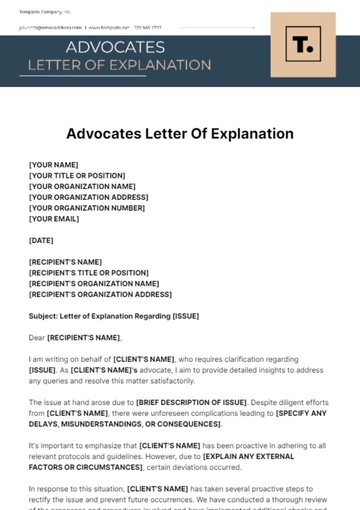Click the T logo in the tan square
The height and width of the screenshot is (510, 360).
click(305, 47)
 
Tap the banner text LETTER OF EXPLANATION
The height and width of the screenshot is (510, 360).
click(119, 65)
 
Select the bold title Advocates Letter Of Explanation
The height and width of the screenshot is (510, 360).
click(180, 133)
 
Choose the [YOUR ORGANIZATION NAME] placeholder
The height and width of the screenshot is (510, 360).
click(82, 186)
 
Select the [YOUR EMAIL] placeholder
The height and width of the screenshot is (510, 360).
click(54, 219)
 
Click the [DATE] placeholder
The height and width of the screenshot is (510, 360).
click(41, 240)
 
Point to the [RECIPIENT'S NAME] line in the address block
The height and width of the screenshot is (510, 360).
click(65, 262)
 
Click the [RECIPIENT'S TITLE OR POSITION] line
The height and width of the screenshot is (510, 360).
click(88, 273)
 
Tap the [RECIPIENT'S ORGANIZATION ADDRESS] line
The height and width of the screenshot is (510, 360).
click(100, 294)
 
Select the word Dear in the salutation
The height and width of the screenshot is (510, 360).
click(37, 337)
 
